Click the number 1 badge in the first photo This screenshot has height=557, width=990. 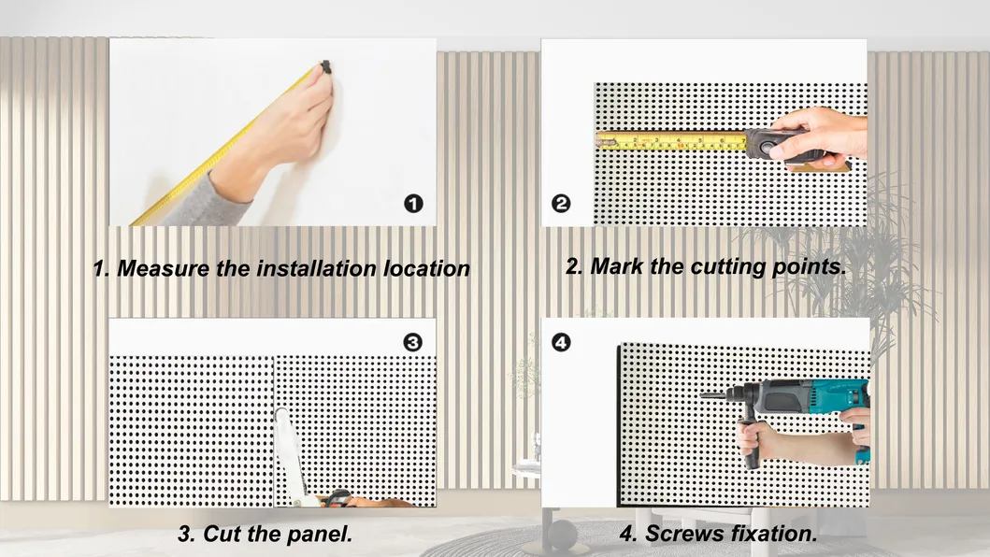[x=413, y=204]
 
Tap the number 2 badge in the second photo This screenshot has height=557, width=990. [x=561, y=204]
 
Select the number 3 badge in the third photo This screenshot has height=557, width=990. [x=413, y=342]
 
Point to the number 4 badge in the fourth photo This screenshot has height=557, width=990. [x=561, y=342]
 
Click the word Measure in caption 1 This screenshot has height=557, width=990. [x=163, y=268]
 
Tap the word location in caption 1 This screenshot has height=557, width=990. [x=427, y=268]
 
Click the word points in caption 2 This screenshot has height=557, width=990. [x=810, y=267]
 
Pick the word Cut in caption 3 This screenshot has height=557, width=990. [x=222, y=535]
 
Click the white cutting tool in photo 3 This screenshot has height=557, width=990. [x=290, y=456]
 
